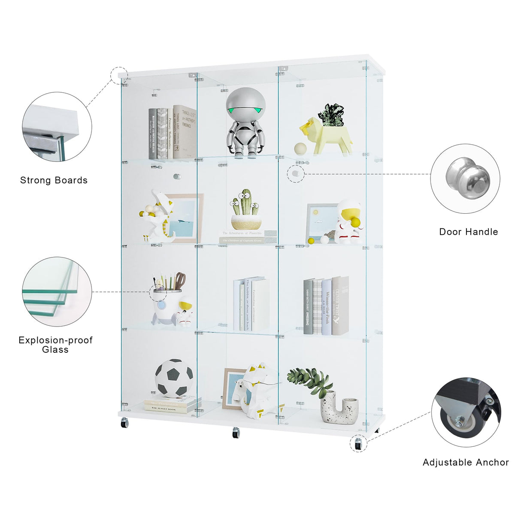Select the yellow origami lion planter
point(326,136)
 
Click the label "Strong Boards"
point(54,180)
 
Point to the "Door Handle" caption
point(469,232)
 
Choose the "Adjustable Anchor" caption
point(466,462)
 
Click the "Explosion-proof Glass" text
point(55,345)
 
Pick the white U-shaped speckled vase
point(339,410)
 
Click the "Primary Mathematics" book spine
point(170,133)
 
